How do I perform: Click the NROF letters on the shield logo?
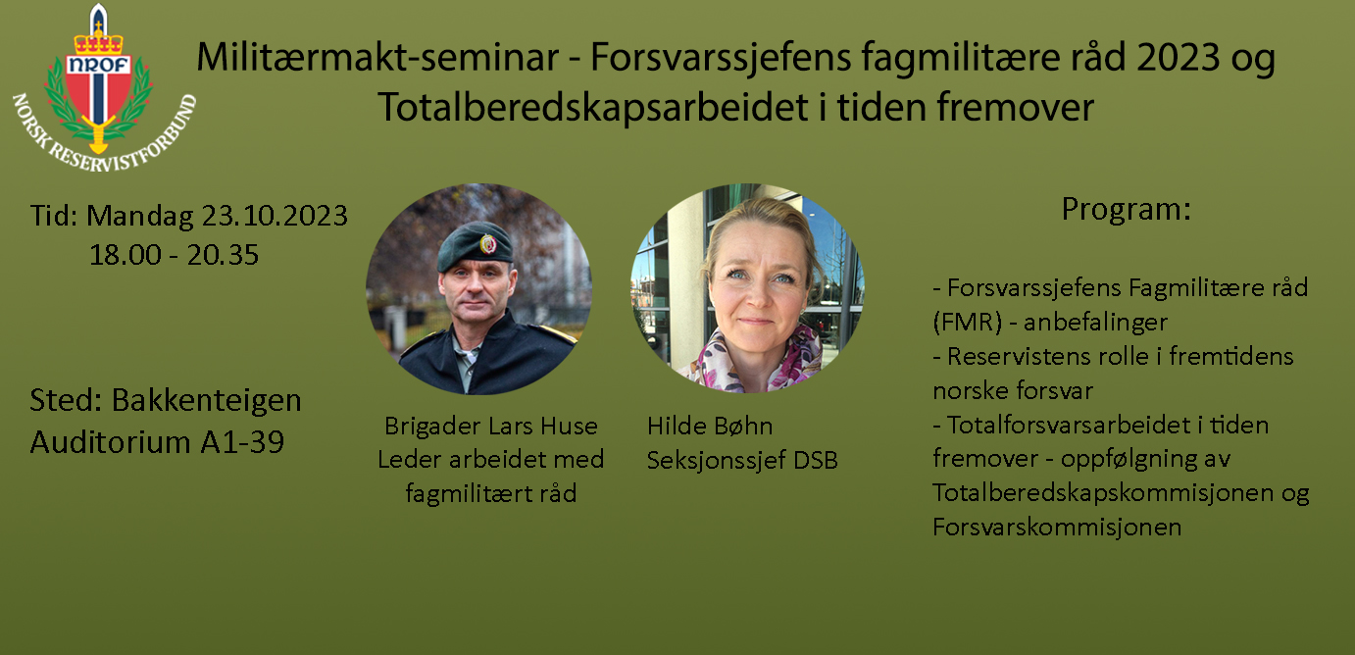coord(99,65)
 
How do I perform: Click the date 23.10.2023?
coord(275,216)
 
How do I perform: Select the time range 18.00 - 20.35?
coord(175,255)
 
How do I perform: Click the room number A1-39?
coord(242,442)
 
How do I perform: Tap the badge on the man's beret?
coord(487,244)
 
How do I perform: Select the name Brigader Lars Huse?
coord(491,426)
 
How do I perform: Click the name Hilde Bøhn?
coord(710,426)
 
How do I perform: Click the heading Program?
coord(1127,210)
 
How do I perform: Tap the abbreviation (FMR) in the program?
coord(968,323)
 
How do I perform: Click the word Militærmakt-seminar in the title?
coord(377,57)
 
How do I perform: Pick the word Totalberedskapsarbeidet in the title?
coord(593,107)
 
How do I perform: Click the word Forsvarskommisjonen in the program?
coord(1057,527)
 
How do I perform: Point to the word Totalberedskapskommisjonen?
coord(1103,493)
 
